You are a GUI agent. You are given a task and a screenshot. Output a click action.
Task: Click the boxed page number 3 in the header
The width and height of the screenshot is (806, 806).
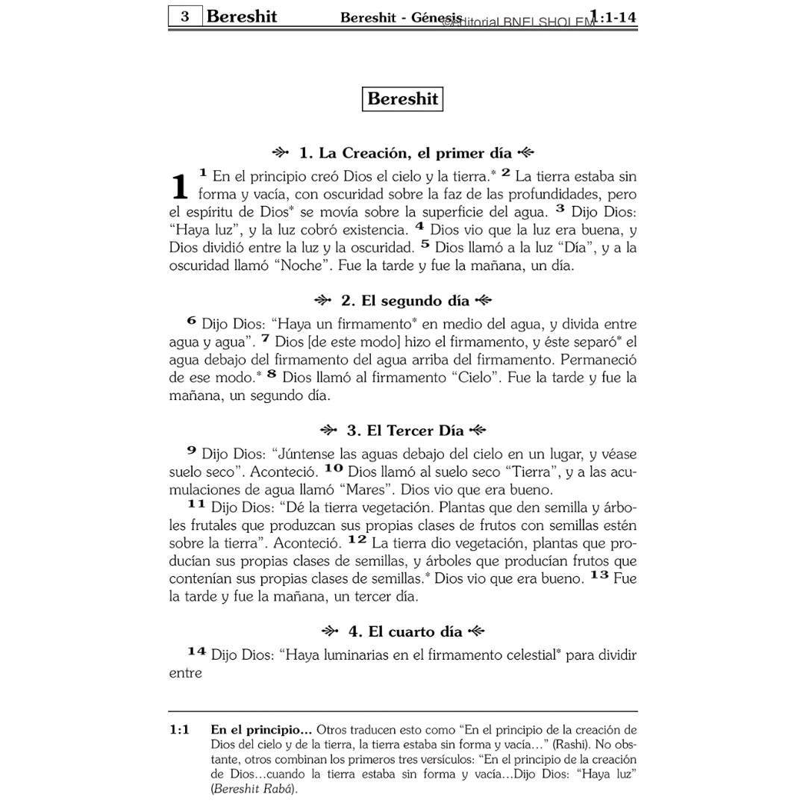click(184, 16)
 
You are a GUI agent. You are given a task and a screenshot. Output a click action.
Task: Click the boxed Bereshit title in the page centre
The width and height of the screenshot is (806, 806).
click(402, 99)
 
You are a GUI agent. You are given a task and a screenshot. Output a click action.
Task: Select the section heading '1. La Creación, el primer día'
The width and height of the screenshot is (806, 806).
click(403, 154)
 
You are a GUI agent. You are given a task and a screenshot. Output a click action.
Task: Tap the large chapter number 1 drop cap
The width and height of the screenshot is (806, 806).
click(179, 187)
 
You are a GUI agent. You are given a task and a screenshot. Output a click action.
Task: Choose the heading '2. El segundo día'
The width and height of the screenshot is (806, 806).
click(403, 301)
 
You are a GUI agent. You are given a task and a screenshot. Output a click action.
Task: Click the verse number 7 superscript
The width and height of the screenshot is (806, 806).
click(265, 339)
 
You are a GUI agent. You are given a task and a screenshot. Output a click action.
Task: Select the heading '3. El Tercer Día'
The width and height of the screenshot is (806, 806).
click(403, 431)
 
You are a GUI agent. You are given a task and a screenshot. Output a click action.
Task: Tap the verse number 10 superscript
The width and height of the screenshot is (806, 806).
click(334, 468)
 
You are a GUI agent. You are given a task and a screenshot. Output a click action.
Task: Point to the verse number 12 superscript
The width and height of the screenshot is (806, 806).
click(357, 539)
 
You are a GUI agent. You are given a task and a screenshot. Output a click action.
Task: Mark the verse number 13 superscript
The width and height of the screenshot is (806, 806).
click(599, 575)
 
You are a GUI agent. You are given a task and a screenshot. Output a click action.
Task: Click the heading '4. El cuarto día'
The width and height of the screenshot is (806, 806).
click(403, 631)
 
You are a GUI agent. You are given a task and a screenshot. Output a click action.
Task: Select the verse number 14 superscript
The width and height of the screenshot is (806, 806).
click(196, 652)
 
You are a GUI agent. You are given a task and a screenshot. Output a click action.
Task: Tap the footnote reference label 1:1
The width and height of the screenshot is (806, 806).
click(179, 730)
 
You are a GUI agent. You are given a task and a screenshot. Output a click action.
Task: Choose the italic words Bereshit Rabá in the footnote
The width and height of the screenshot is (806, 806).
click(253, 789)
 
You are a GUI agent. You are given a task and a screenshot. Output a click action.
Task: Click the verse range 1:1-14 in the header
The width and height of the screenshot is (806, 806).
click(613, 16)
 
